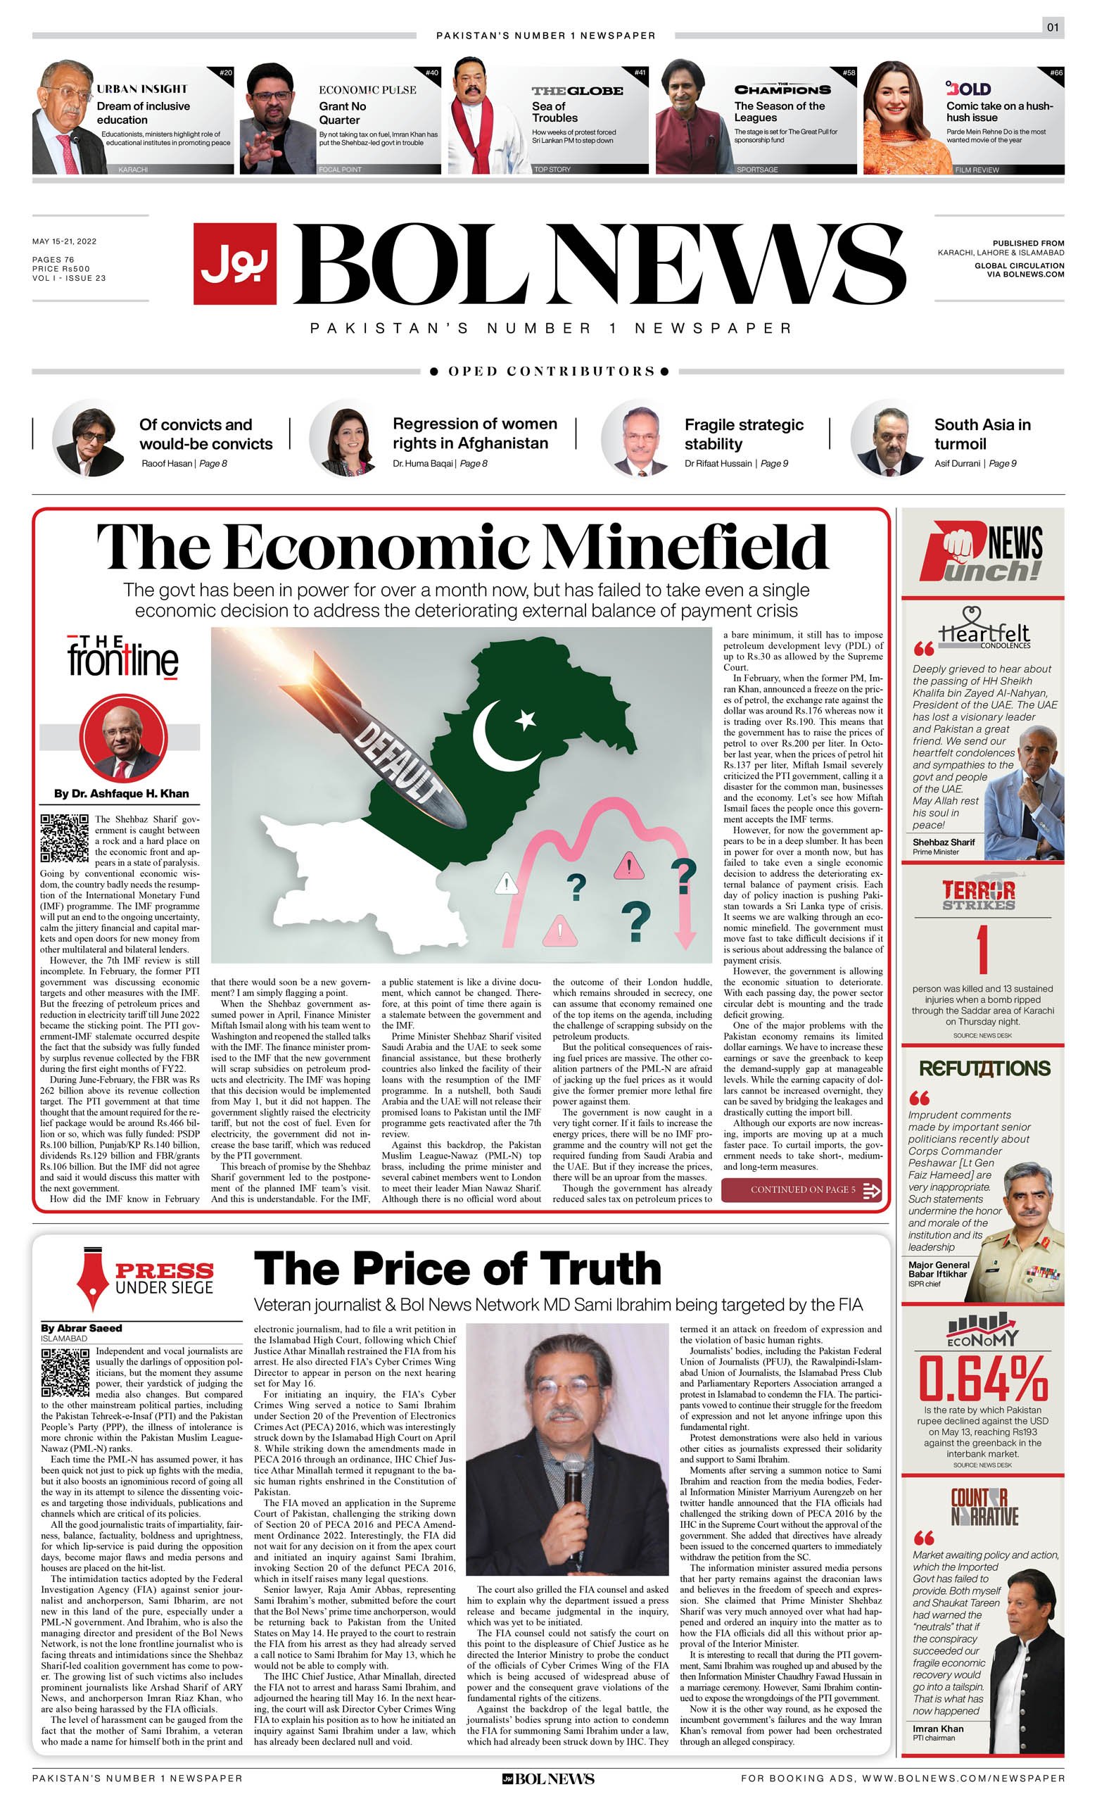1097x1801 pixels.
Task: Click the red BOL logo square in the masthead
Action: click(x=234, y=263)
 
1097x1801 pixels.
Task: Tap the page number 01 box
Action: click(x=1053, y=27)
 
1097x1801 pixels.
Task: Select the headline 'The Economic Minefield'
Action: click(x=462, y=547)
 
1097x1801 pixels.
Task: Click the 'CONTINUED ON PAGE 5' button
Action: click(x=801, y=1189)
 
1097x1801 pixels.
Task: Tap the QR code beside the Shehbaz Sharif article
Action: click(x=64, y=838)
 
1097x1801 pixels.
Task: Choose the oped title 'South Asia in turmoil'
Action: click(x=982, y=434)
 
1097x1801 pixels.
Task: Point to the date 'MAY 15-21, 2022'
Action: click(x=64, y=241)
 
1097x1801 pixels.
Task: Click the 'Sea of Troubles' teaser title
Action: click(x=554, y=112)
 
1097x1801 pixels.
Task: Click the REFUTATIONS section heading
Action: click(x=984, y=1068)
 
